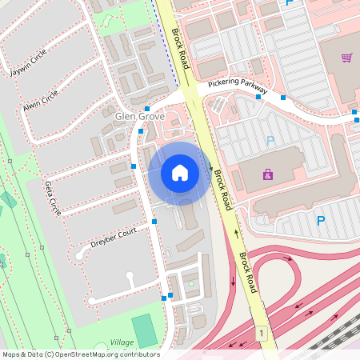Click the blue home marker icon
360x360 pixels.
click(180, 173)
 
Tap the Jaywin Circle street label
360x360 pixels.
click(29, 62)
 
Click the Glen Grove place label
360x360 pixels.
click(140, 116)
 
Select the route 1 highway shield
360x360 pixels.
click(260, 332)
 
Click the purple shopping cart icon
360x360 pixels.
click(347, 58)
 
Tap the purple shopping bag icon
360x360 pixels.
click(267, 174)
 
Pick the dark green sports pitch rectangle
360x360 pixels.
click(145, 330)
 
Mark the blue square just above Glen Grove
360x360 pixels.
click(147, 108)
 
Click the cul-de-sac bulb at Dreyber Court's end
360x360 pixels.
click(130, 277)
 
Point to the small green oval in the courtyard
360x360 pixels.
click(190, 283)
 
